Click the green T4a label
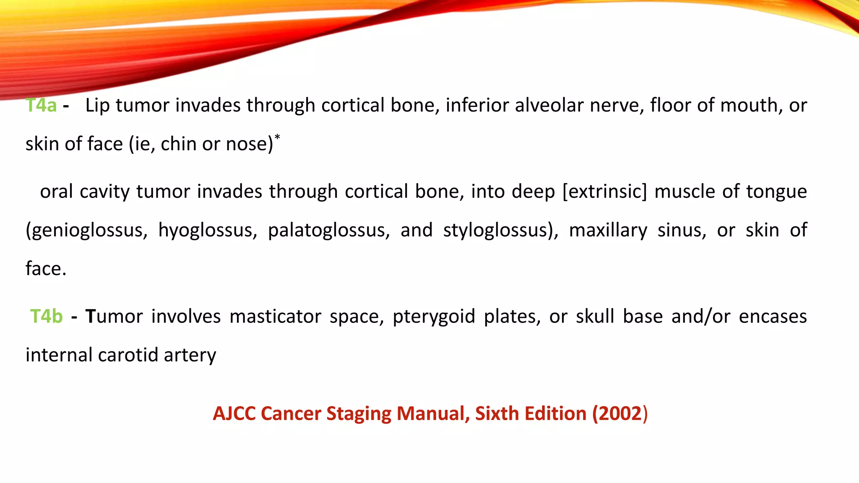point(41,105)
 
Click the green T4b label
point(47,317)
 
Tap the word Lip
point(97,105)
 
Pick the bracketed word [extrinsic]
point(604,192)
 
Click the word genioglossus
point(86,231)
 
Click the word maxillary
point(608,231)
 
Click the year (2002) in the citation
point(620,414)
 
